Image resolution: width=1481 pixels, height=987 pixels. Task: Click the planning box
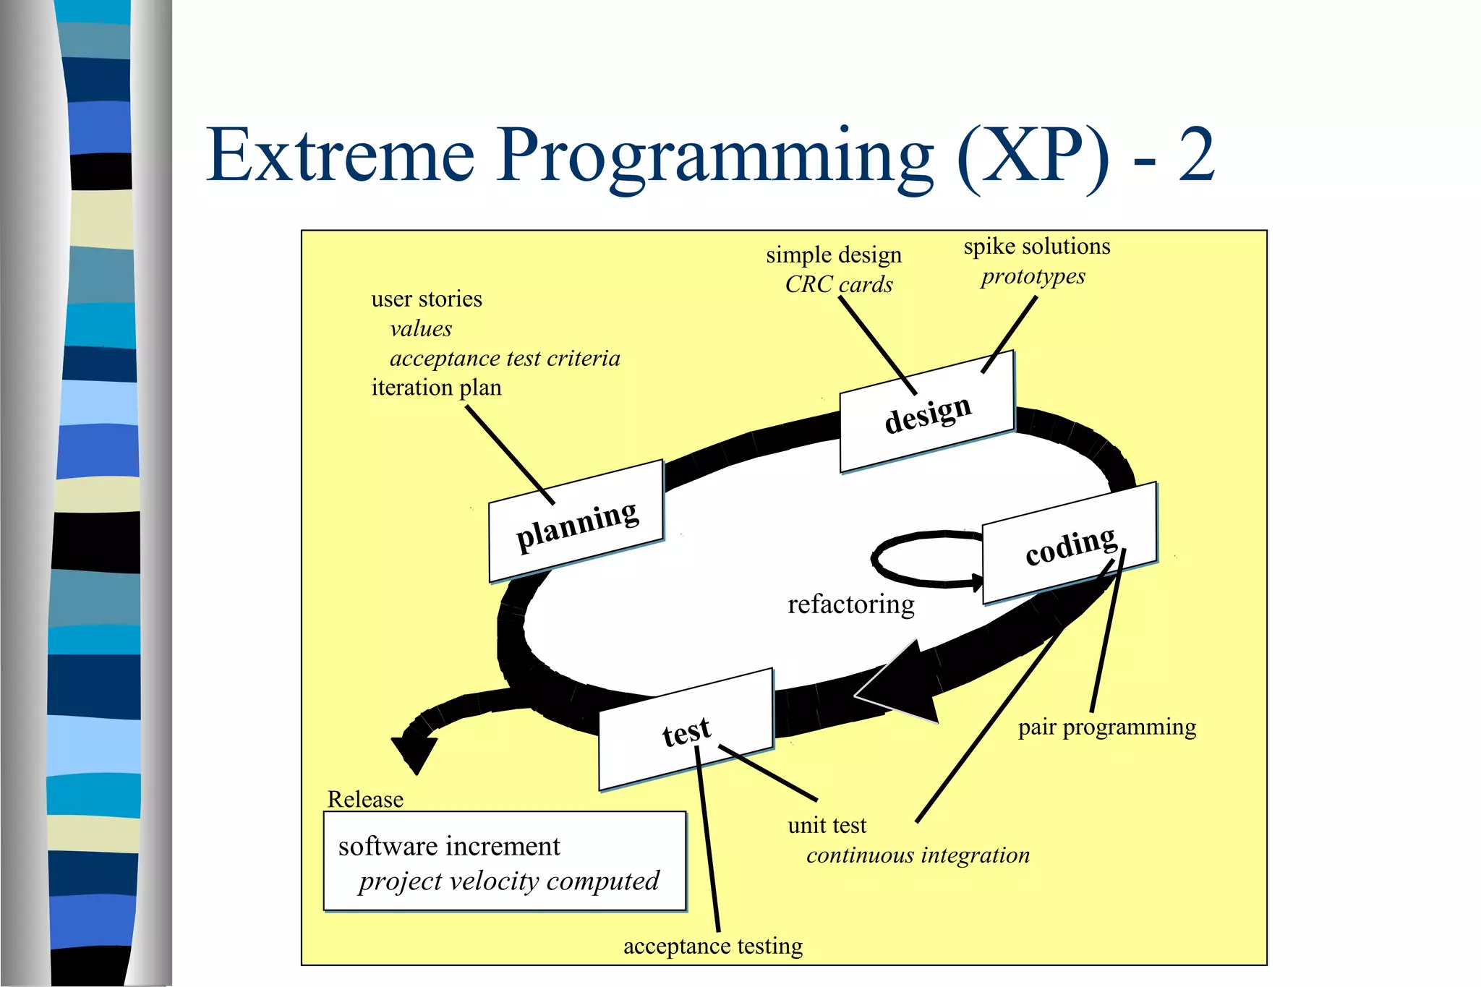coord(576,522)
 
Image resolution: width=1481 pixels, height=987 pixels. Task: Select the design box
coord(927,413)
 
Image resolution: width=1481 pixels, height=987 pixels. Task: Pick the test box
coord(686,730)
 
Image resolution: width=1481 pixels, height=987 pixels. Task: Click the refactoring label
coord(850,604)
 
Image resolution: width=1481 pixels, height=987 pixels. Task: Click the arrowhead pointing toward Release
coord(414,752)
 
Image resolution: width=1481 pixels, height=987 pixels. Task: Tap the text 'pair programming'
coord(1106,727)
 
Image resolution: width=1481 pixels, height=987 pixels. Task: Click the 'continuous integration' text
coord(917,855)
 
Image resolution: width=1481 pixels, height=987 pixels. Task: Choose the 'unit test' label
coord(827,825)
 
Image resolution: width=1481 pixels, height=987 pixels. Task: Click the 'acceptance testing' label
coord(712,946)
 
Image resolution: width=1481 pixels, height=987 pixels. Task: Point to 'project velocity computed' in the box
coord(508,881)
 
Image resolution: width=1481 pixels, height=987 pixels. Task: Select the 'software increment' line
coord(449,846)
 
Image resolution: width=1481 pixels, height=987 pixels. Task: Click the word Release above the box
coord(365,799)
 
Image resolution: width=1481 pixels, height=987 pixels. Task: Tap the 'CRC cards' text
coord(839,284)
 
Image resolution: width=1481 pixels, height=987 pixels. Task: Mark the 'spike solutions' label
coord(1036,247)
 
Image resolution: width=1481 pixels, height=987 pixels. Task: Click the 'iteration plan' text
coord(436,388)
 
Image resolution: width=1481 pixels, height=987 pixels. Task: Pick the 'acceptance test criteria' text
coord(504,358)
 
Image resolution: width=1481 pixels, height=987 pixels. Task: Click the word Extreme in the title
coord(340,155)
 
